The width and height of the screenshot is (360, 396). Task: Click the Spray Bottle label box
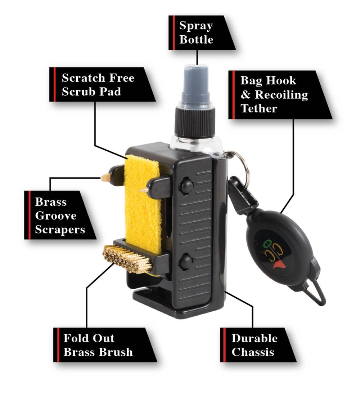(x=202, y=32)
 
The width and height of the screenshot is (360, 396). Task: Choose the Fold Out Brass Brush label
(x=105, y=345)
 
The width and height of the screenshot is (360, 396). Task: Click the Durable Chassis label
(x=258, y=345)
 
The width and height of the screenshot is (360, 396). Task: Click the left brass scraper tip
(x=105, y=178)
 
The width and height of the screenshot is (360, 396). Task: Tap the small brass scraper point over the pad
(x=143, y=190)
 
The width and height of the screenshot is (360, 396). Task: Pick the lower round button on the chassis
(x=186, y=261)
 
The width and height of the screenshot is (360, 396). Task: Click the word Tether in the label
(x=259, y=108)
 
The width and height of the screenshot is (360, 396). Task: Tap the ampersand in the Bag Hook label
(x=246, y=95)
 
